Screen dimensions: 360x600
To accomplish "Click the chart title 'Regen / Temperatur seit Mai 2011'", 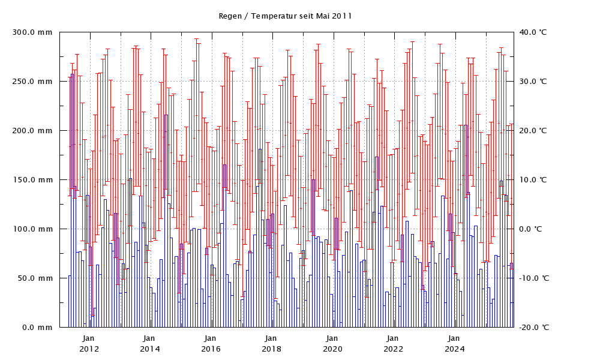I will click(285, 16).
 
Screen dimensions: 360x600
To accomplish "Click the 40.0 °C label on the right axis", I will click(535, 32).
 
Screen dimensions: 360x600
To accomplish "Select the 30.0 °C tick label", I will click(535, 82).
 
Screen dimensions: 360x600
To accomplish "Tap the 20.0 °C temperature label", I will click(535, 131).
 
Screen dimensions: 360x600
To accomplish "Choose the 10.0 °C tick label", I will click(535, 180).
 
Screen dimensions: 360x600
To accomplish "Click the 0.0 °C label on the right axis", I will click(536, 229).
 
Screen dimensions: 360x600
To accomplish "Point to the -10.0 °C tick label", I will click(533, 278).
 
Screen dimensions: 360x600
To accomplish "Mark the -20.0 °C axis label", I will click(533, 328).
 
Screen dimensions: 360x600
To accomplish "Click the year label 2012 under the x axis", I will click(89, 349).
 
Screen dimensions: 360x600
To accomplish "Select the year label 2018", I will click(272, 349).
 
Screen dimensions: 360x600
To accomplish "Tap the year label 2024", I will click(455, 349).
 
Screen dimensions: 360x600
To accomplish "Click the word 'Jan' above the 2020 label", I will click(333, 339).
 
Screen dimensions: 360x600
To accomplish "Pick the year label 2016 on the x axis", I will click(211, 349).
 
